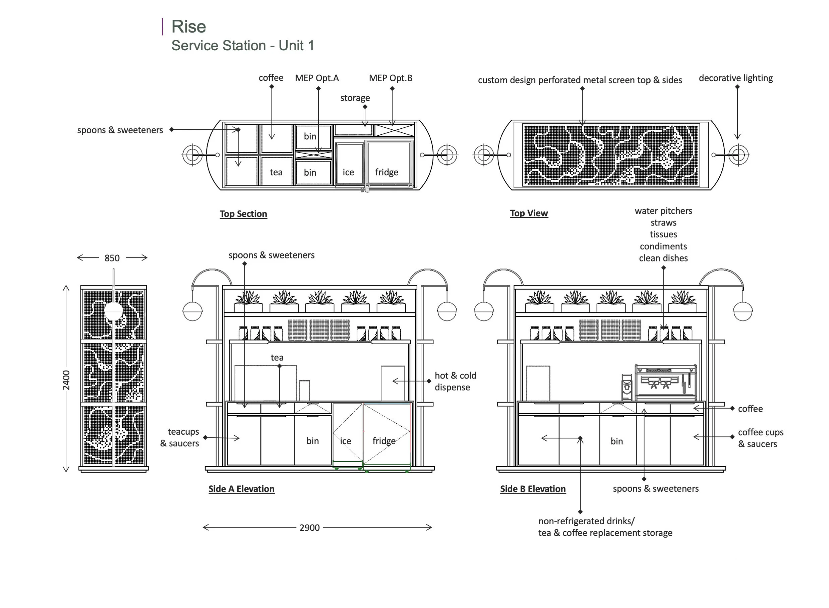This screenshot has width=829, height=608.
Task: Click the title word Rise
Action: click(188, 26)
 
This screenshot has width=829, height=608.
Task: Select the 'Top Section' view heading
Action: click(243, 214)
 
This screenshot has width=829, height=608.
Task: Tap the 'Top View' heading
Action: click(529, 213)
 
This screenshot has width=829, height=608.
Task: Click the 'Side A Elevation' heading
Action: click(241, 489)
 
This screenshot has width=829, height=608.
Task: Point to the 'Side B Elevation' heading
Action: click(533, 489)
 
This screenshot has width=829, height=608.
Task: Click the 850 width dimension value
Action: click(112, 258)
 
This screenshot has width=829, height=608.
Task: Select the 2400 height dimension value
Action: click(66, 380)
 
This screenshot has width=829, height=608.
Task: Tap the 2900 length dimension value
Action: click(310, 528)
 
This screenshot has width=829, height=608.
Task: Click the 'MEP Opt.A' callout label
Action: click(317, 78)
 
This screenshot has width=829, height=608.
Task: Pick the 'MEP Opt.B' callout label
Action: click(391, 78)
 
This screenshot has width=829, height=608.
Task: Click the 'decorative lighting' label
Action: click(736, 78)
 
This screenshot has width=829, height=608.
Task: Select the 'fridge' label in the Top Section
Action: click(387, 172)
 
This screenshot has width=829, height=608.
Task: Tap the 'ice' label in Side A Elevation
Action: click(345, 441)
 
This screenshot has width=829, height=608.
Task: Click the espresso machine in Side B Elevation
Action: click(665, 382)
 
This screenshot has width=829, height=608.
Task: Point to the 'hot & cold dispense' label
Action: click(455, 381)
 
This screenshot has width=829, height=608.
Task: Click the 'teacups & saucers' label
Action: click(180, 437)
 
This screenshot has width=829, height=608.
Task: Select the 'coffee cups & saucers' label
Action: click(761, 438)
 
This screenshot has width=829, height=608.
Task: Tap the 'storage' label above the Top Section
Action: click(355, 98)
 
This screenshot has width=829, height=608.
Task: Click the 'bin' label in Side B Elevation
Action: click(616, 441)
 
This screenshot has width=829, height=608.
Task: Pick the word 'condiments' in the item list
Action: click(663, 246)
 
